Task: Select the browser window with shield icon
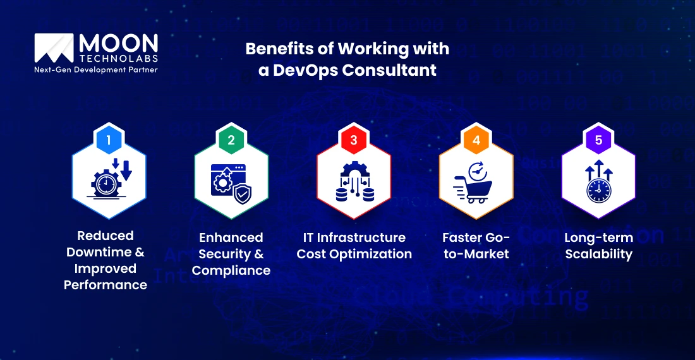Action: [231, 184]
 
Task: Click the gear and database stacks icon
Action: [354, 183]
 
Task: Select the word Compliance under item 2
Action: [231, 270]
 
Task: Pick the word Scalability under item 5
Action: [598, 254]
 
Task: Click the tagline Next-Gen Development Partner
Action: [95, 69]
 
